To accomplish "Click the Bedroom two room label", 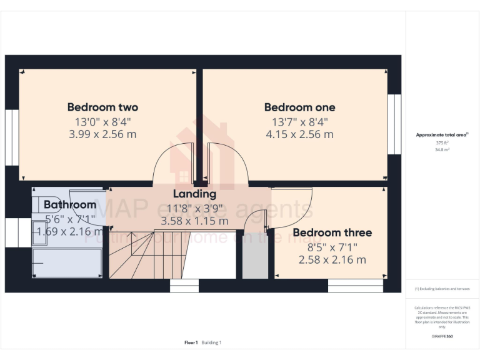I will click(102, 107).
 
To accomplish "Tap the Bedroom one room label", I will click(299, 107).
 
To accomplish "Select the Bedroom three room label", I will click(332, 232).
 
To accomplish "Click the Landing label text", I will click(194, 194).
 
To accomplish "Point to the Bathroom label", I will click(70, 204).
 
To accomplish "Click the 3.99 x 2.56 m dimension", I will click(102, 134).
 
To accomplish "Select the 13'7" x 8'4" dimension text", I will click(299, 121).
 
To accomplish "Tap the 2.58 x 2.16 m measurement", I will click(332, 259).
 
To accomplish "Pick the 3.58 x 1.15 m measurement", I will click(194, 221).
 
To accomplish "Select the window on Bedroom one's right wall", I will click(394, 124).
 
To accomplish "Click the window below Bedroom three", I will click(356, 286).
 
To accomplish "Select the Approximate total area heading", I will click(442, 134).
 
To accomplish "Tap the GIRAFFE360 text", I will click(442, 337).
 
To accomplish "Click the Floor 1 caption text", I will click(191, 342).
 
